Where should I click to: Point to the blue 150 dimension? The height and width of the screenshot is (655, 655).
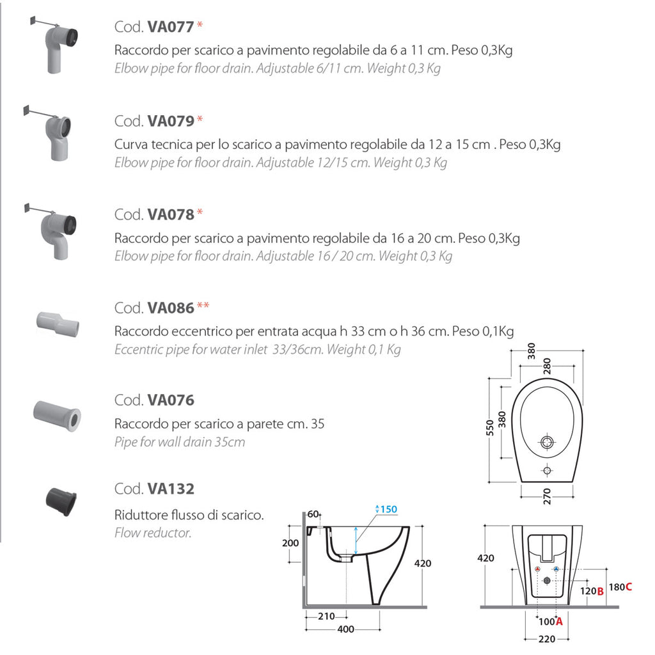coord(388,509)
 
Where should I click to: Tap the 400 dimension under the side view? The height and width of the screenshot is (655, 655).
coord(345,629)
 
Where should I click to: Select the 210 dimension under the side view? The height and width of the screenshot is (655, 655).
coord(326,616)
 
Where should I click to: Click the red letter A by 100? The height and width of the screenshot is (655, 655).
coord(558,621)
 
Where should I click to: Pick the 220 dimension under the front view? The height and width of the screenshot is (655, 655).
coord(546,638)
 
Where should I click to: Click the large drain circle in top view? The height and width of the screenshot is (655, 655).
coord(548,442)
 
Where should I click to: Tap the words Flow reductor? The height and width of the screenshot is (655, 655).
coord(153,532)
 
